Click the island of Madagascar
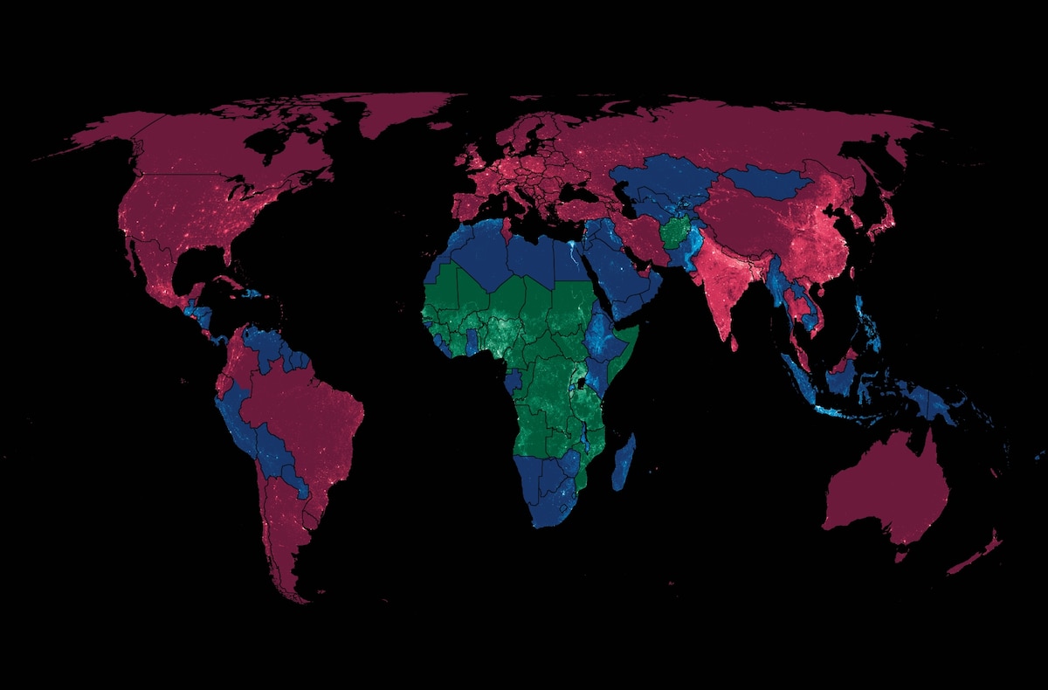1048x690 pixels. (x=624, y=464)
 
